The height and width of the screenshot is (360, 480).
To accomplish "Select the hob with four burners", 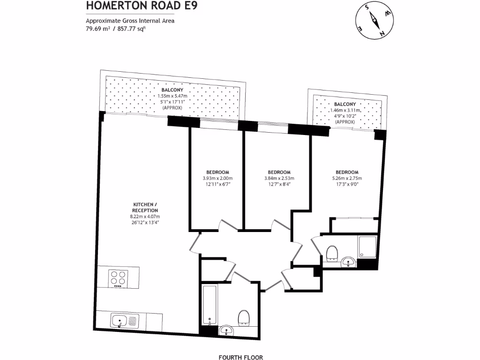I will tap(117, 278).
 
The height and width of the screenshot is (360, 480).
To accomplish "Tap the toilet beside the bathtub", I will tap(244, 318).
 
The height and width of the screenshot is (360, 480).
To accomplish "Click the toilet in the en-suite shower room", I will tap(332, 253).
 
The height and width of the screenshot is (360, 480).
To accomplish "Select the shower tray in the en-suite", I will tap(367, 247).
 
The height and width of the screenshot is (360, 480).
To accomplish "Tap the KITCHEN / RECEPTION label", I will tap(145, 207).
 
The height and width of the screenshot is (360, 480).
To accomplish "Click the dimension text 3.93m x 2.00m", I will tap(217, 178).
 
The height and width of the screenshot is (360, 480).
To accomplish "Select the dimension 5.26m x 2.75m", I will tap(347, 178).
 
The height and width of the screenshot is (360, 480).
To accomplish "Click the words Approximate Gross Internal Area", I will tap(130, 21).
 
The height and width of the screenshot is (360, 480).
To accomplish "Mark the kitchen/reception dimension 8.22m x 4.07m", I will tap(145, 217).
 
